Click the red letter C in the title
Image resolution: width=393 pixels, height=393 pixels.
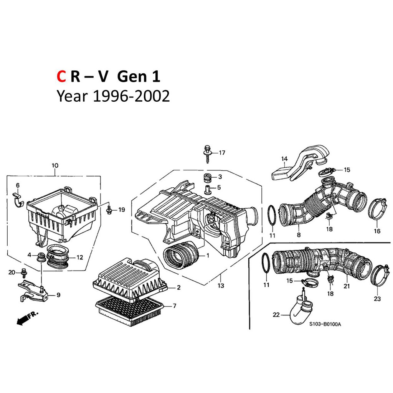tap(61, 76)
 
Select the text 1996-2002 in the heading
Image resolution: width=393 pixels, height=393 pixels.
tap(131, 96)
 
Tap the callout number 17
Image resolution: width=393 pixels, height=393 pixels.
tap(222, 153)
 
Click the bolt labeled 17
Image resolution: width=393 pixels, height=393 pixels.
tap(208, 154)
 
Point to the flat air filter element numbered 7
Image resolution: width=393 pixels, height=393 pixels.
tap(129, 311)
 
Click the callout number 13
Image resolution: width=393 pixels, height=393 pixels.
tap(221, 286)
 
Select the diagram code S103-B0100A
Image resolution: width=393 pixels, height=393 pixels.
tap(325, 324)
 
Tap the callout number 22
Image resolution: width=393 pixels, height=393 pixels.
tap(276, 314)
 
